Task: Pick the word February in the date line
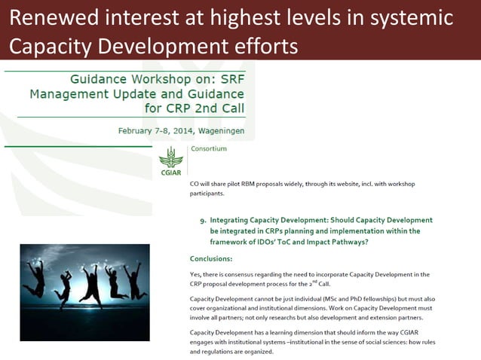142,130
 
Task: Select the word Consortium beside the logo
209,149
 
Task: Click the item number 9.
202,221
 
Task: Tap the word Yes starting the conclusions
195,274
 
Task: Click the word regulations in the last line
221,352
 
